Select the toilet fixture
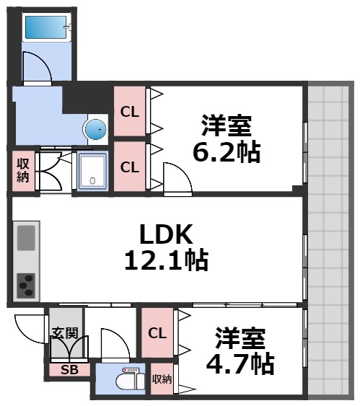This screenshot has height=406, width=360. (131, 379)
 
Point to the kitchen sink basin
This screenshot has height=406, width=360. (26, 237)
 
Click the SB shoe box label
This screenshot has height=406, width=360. (69, 370)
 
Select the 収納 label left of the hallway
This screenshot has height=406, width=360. (22, 170)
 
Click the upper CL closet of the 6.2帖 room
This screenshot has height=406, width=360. (130, 111)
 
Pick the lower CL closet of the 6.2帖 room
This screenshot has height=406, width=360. (130, 167)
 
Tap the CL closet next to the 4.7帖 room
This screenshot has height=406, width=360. (157, 333)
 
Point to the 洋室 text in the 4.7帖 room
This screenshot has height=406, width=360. (240, 336)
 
